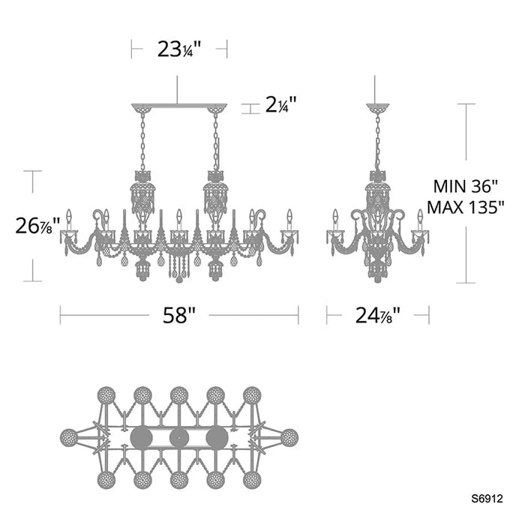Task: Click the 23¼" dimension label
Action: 178,49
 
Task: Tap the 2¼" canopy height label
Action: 280,104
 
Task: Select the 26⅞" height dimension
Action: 37,226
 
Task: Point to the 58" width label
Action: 178,316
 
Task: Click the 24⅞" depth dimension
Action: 378,316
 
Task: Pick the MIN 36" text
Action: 466,186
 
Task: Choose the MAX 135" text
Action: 466,207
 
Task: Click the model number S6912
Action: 487,499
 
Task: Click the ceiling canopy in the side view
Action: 378,109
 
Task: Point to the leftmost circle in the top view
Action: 69,437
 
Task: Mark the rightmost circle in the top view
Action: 289,437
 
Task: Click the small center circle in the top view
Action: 179,437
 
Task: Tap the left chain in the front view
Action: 143,142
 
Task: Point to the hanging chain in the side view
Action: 378,142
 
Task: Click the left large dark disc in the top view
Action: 141,437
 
